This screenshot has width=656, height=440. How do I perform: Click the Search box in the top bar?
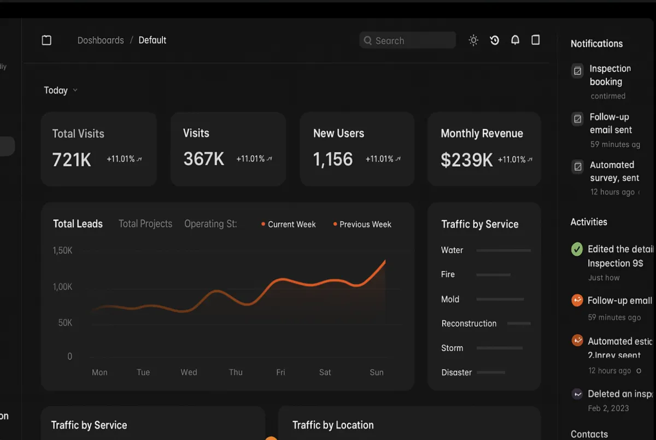click(407, 40)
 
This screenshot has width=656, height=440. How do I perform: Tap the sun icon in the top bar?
click(473, 40)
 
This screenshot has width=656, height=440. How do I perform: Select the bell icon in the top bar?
click(515, 40)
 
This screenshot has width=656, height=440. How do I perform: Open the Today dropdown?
click(60, 90)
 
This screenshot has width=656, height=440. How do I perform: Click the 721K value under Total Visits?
click(72, 159)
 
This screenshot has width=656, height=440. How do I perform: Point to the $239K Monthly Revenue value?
click(466, 160)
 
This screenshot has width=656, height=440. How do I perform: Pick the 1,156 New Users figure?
click(333, 159)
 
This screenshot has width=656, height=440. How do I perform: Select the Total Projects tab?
click(145, 224)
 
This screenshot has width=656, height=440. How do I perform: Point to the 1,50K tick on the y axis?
click(62, 250)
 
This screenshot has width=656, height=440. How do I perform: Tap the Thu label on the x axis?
click(236, 372)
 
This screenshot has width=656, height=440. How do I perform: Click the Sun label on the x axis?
click(377, 372)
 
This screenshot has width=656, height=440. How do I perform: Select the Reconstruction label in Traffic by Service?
click(469, 324)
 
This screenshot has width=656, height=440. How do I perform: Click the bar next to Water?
click(503, 250)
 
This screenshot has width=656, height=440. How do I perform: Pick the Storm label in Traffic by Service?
click(452, 348)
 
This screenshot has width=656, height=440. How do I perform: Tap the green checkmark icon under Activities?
click(577, 249)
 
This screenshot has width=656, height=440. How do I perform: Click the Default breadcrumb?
click(153, 40)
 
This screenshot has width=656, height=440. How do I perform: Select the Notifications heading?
click(596, 44)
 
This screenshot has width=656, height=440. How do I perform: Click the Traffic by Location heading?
click(333, 425)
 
